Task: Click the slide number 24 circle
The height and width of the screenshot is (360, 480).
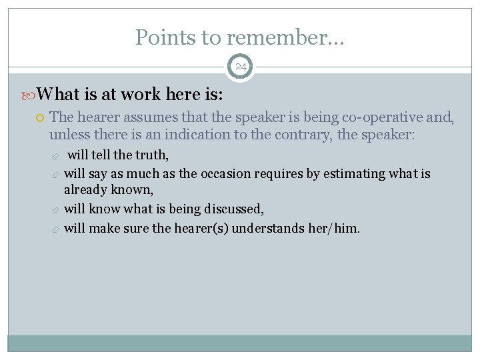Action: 240,67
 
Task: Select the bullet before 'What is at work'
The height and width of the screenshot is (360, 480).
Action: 29,94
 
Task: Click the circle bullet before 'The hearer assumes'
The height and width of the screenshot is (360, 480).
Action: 41,118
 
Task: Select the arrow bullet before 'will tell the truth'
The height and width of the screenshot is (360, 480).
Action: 56,156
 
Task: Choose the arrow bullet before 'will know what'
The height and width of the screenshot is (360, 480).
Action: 56,209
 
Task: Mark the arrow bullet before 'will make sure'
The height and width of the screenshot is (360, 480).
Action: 56,229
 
